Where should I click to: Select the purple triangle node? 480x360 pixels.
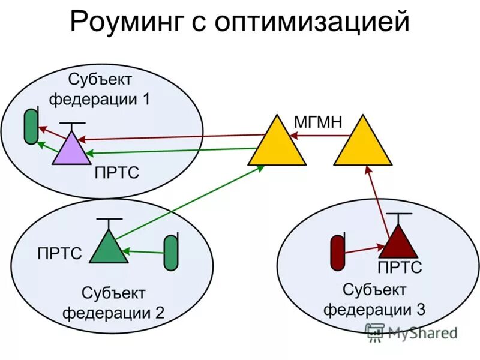(x=71, y=150)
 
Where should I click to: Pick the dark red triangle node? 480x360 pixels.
(x=398, y=243)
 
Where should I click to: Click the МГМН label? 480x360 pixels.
(x=318, y=122)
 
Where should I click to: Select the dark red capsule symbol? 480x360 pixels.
(x=337, y=253)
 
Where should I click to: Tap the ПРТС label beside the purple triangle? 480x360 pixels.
(x=117, y=173)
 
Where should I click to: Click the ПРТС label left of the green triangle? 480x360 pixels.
(x=59, y=253)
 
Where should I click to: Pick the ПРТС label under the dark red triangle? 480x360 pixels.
(x=400, y=268)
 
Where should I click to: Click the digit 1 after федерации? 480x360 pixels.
(x=145, y=99)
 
